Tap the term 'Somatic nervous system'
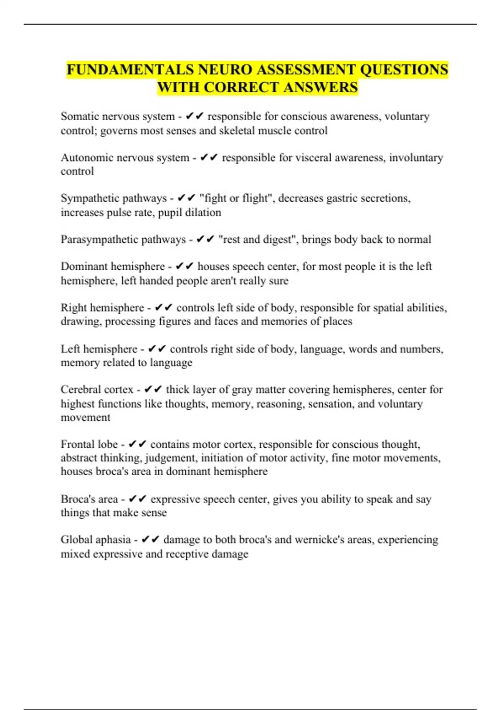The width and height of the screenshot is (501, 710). click(x=117, y=116)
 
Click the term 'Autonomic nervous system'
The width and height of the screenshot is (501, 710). click(x=125, y=157)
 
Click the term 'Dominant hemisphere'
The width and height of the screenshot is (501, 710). click(x=113, y=266)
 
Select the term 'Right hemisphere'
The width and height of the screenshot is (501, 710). click(x=102, y=308)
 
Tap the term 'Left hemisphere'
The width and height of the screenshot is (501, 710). click(x=99, y=349)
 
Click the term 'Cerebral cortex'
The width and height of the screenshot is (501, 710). click(x=97, y=390)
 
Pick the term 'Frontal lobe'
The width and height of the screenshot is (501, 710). click(x=89, y=444)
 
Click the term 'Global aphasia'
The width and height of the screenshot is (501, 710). click(x=96, y=540)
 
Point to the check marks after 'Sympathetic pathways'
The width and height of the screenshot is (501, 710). click(x=187, y=198)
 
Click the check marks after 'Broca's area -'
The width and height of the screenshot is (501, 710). click(x=137, y=499)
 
